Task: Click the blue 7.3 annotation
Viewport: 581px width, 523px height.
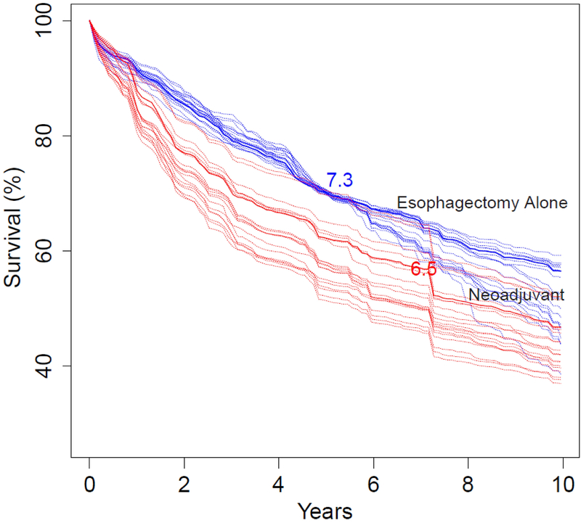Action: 340,181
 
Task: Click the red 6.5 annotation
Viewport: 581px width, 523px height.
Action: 423,269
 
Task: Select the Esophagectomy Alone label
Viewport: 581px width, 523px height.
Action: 481,203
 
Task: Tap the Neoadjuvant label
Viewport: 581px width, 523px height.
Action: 517,295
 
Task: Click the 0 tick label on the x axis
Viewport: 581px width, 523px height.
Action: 89,482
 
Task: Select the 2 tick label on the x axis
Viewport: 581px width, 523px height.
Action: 184,482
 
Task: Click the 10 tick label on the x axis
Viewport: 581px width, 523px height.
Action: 563,482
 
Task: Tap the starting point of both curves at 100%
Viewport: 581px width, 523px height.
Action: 90,21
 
